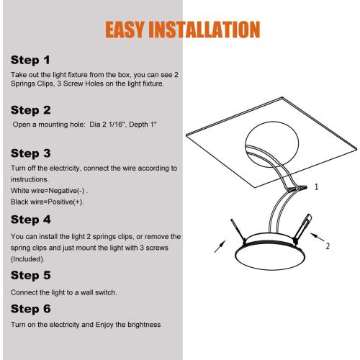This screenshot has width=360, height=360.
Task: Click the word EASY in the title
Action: [x=125, y=30]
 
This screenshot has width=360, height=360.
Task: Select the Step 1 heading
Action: [x=30, y=60]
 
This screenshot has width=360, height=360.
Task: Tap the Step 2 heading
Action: [x=31, y=110]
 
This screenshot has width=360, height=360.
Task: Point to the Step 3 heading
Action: [x=31, y=153]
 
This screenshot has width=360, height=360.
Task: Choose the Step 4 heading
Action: [x=31, y=220]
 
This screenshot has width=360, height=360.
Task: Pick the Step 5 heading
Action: [x=31, y=276]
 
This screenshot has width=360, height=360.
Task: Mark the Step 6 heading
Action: [x=31, y=309]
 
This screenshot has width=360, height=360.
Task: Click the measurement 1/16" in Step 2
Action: [x=118, y=125]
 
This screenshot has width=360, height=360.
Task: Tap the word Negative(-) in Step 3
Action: [x=66, y=191]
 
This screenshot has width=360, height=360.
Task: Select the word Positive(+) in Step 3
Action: [x=65, y=202]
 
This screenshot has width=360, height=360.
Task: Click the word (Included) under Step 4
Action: [x=27, y=259]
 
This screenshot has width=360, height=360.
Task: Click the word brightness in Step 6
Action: [x=144, y=325]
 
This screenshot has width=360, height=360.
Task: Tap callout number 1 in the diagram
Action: [x=316, y=187]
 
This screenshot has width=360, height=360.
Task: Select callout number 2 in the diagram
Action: [x=328, y=246]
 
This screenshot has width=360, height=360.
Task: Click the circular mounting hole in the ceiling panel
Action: [x=272, y=144]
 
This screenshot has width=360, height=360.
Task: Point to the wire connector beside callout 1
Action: [x=297, y=188]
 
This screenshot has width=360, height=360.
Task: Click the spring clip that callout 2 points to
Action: [x=302, y=229]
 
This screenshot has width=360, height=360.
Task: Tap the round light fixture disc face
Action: [x=271, y=257]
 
